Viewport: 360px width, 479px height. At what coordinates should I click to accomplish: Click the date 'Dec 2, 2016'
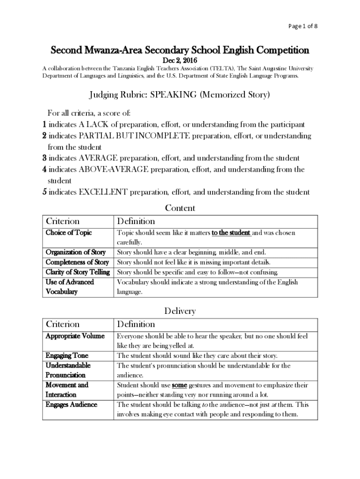point(180,61)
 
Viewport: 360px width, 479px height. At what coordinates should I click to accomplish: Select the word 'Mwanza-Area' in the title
point(110,50)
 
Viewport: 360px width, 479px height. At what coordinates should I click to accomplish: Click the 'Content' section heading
point(180,208)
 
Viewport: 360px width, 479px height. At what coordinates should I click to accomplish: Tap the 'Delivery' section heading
point(180,311)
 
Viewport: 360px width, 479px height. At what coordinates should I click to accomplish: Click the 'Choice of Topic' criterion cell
point(69,232)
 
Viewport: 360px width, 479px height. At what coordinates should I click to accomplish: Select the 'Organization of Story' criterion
point(75,252)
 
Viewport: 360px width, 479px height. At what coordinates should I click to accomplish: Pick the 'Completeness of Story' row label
point(77,262)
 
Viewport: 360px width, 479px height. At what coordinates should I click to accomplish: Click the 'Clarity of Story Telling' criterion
point(78,272)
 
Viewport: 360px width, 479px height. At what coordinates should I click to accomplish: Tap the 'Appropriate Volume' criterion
point(75,336)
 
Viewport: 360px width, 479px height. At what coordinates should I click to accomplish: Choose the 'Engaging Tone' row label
point(67,356)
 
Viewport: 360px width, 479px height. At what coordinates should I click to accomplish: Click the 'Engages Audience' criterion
point(71,405)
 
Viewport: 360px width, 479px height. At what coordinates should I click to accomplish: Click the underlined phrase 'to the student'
point(231,232)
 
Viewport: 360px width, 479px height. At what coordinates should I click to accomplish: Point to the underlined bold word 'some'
point(180,385)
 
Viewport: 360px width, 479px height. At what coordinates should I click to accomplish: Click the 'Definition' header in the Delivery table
point(136,324)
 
